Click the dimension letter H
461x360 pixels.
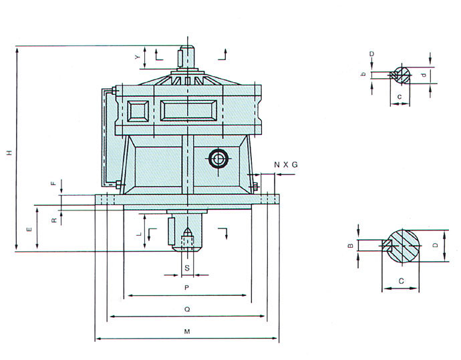pos(10,153)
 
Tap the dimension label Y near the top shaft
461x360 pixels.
pos(138,57)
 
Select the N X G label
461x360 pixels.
pos(286,165)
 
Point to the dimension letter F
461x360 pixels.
pos(53,184)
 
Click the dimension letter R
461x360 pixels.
pos(54,220)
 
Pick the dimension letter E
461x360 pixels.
pos(29,229)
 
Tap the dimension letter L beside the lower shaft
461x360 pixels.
pos(140,234)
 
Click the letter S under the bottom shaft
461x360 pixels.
pos(187,268)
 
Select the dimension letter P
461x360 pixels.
pos(186,288)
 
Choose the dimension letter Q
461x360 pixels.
pos(187,309)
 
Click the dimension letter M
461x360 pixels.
pos(187,331)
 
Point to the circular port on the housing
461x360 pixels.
pos(218,159)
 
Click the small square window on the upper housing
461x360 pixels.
pos(138,111)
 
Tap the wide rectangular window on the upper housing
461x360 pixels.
pos(188,110)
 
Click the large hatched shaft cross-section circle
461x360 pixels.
pos(403,246)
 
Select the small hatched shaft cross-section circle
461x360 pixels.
pos(402,74)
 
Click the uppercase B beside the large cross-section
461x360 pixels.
pos(351,246)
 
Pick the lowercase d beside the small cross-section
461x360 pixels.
pos(424,75)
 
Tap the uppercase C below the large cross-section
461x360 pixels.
pos(402,281)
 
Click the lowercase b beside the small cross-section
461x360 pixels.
pos(363,73)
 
